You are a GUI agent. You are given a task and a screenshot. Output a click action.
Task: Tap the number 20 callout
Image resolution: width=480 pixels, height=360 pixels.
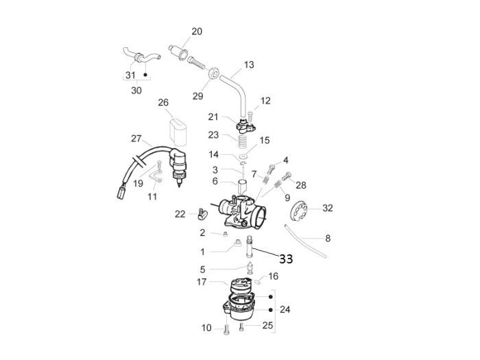point(197,32)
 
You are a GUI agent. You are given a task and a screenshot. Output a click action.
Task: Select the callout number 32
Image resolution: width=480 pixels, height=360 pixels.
point(328,208)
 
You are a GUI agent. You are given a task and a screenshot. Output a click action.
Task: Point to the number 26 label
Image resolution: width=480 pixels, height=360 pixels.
point(163,103)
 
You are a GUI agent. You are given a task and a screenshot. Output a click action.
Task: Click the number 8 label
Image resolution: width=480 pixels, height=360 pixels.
point(328,239)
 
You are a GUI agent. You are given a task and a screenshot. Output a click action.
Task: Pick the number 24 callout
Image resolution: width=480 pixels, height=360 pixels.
point(285,310)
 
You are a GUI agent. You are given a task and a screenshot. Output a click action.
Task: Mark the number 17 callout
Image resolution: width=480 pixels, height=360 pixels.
point(202,282)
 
